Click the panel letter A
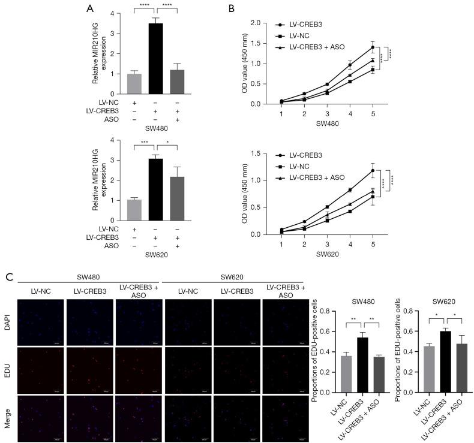coord(90,8)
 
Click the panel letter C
coord(8,278)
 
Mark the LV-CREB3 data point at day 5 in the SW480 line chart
coord(373,47)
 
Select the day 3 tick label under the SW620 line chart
coord(326,245)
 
